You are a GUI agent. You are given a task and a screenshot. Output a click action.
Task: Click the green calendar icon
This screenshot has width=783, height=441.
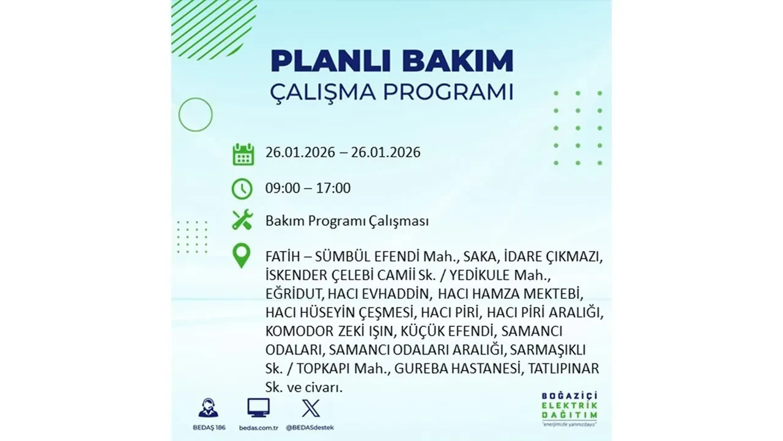click(243, 154)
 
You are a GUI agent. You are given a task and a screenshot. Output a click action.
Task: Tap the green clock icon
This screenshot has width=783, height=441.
click(242, 189)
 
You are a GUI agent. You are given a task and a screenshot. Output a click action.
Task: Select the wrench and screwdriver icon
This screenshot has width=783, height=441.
click(242, 220)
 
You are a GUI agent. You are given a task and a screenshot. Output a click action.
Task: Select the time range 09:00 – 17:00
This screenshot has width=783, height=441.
click(308, 188)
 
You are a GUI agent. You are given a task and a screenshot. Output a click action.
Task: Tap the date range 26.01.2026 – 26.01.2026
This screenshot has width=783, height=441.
click(343, 153)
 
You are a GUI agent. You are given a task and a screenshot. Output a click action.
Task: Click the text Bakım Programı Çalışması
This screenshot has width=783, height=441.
click(347, 221)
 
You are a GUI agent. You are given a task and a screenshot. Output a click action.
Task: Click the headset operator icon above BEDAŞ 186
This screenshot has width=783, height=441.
click(208, 408)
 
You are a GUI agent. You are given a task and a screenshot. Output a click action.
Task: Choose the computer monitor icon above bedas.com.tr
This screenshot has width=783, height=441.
click(258, 407)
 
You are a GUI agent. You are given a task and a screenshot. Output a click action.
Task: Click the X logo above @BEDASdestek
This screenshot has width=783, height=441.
click(311, 408)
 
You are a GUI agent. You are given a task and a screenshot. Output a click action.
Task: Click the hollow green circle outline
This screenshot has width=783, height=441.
click(195, 115)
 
